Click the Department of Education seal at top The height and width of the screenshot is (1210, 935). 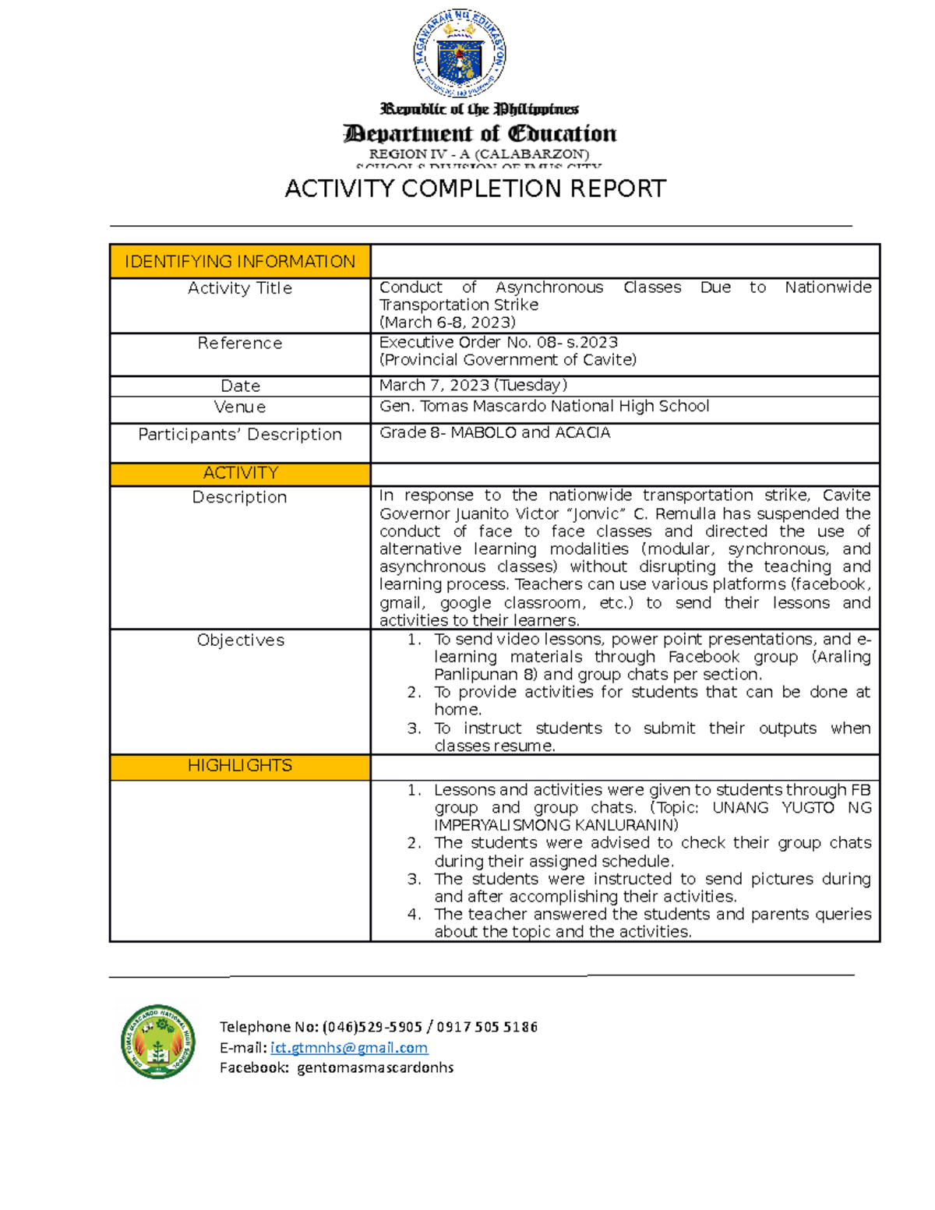tap(460, 52)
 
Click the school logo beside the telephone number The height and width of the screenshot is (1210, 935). tap(158, 1041)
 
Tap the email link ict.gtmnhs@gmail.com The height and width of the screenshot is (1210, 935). tap(348, 1048)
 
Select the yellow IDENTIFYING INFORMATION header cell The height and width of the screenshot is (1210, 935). tap(240, 262)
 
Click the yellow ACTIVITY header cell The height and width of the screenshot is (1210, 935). tap(240, 474)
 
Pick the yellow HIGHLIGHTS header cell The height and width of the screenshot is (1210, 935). tap(240, 766)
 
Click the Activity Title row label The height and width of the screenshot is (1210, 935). tap(240, 288)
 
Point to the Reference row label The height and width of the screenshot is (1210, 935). tap(240, 344)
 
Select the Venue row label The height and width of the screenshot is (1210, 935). tap(240, 407)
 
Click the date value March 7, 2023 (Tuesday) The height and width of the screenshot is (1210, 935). tap(473, 386)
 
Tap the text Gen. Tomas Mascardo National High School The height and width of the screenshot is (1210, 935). tap(544, 407)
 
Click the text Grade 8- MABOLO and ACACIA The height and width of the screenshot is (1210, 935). tap(495, 433)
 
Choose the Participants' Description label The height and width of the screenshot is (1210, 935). tap(240, 435)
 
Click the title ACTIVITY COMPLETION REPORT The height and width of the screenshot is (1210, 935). tap(475, 189)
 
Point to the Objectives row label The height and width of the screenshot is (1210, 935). tap(240, 640)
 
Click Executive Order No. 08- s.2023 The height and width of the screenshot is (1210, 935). tap(498, 343)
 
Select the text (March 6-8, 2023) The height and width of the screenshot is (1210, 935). tap(447, 323)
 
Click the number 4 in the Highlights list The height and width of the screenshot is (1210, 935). tap(414, 915)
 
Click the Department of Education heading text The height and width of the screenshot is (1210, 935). tap(480, 134)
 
